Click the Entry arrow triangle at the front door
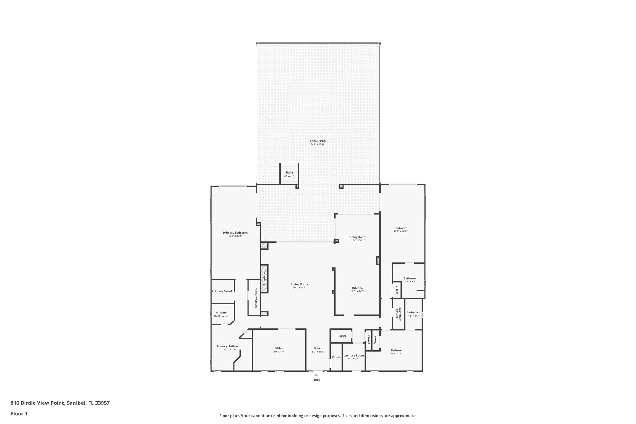[x=316, y=375]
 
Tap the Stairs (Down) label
[x=289, y=174]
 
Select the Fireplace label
[x=264, y=279]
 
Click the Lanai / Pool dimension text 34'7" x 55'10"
[x=318, y=144]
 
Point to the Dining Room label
[x=357, y=237]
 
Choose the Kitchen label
[x=357, y=288]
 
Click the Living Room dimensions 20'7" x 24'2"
[x=299, y=288]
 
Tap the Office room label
[x=279, y=348]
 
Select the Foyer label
[x=318, y=348]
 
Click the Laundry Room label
[x=353, y=355]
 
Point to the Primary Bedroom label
[x=235, y=233]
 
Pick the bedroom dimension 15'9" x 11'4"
[x=397, y=354]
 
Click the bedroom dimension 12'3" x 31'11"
[x=401, y=231]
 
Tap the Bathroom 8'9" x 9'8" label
[x=410, y=278]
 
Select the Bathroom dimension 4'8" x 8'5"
[x=413, y=316]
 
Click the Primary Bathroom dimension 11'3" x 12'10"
[x=229, y=349]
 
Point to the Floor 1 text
[x=19, y=413]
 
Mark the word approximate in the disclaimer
[x=403, y=416]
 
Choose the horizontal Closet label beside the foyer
[x=342, y=336]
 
